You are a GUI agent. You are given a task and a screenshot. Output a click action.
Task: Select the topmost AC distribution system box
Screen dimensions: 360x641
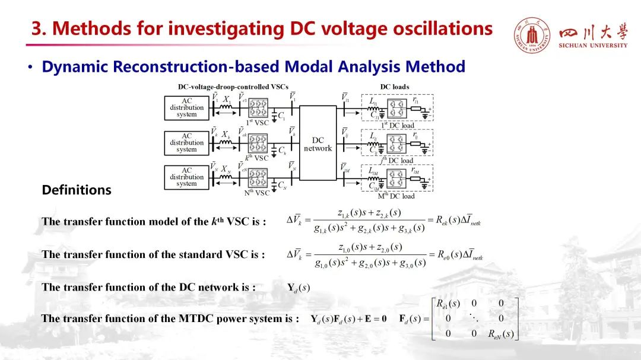186,108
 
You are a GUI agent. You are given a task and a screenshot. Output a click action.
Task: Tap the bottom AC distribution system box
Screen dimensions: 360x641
186,177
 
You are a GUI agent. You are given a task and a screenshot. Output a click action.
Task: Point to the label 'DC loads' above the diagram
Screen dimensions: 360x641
395,87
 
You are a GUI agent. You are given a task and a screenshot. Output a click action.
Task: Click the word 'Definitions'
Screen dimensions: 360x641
77,190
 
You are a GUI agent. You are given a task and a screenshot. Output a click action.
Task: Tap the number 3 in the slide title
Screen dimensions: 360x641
36,28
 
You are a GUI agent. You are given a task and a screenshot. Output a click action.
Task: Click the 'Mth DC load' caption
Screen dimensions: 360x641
396,196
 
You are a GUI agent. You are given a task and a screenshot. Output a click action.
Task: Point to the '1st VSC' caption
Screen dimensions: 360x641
257,123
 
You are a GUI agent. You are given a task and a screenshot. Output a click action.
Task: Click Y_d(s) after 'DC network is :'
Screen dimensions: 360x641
299,288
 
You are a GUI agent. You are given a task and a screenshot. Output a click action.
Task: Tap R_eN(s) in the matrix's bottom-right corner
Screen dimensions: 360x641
500,333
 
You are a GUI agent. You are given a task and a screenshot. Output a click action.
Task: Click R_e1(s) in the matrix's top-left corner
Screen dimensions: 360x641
448,304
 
